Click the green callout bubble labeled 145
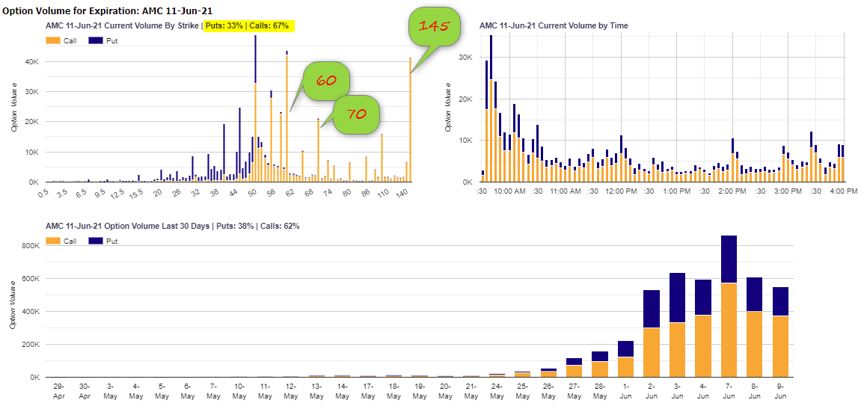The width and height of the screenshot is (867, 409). [x=433, y=27]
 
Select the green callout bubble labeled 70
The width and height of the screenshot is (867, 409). [x=356, y=114]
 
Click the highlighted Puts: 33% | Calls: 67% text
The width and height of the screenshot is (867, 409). [x=249, y=25]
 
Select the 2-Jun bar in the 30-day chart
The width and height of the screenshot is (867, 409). [x=652, y=333]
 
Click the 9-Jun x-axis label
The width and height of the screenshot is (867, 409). [x=781, y=390]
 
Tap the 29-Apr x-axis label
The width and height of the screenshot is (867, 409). [x=60, y=390]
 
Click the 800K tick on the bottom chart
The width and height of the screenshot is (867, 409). [x=29, y=246]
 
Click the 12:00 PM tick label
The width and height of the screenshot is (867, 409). [x=621, y=191]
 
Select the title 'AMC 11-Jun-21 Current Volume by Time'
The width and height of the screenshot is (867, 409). [x=554, y=25]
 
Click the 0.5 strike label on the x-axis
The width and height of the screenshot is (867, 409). [x=45, y=193]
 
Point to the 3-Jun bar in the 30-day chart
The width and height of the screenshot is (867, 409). [x=678, y=325]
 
